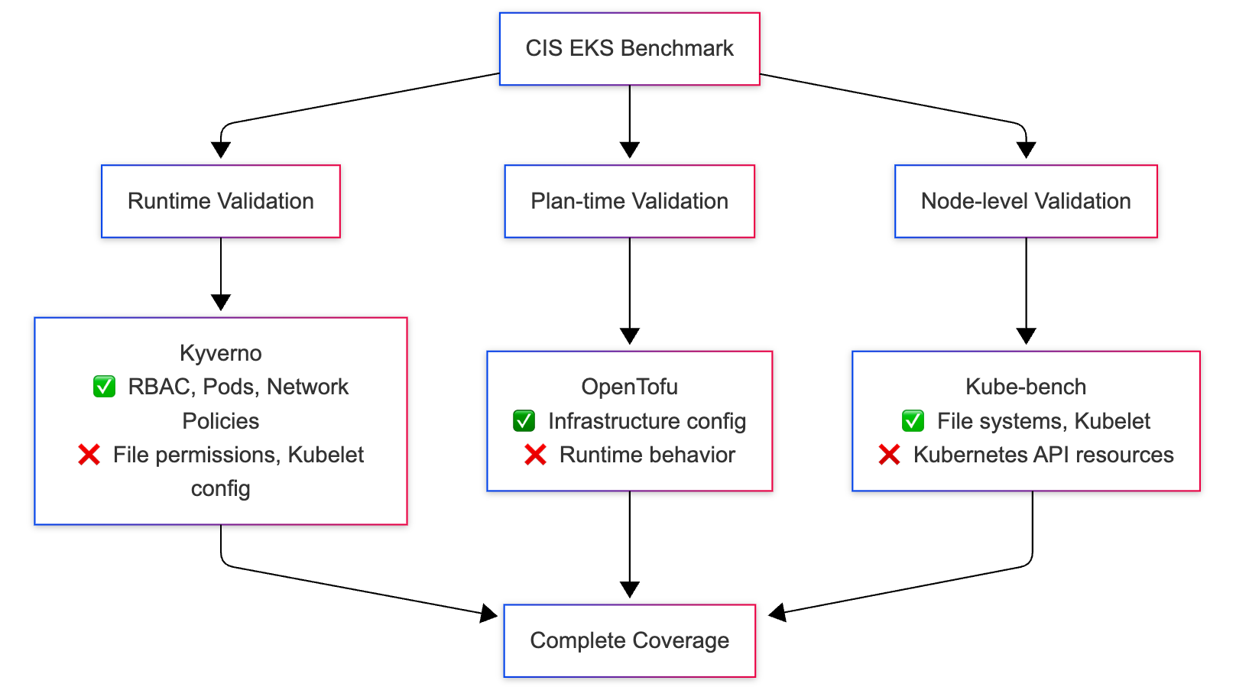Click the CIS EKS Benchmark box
click(629, 48)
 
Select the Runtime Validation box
click(220, 201)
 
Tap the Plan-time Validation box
click(629, 201)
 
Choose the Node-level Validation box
click(1025, 201)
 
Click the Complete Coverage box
click(629, 640)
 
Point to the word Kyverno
click(220, 353)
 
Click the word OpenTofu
click(629, 387)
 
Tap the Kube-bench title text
click(1025, 387)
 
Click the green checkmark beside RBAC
click(104, 387)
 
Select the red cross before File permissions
click(89, 455)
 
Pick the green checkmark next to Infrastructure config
click(524, 420)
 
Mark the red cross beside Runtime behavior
click(535, 455)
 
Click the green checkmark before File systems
click(913, 420)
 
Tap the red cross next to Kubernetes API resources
click(889, 455)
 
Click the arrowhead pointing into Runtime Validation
click(221, 150)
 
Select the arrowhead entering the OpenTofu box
click(629, 336)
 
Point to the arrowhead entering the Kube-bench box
click(1026, 336)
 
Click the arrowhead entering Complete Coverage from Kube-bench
click(777, 612)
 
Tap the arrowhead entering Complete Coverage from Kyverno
click(488, 612)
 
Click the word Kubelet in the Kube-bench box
click(1112, 421)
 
